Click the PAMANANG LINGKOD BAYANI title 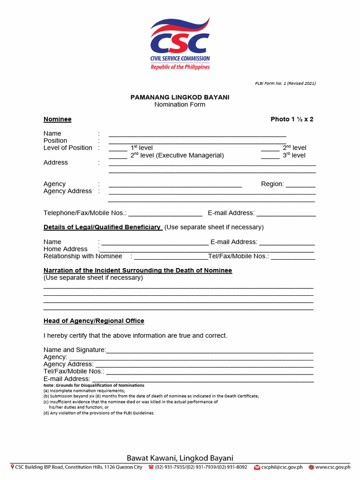[180, 97]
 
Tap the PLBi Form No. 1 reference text [285, 83]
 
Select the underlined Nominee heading [57, 119]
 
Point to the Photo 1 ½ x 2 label [292, 119]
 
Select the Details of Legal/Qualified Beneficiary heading [102, 227]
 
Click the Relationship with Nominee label [82, 256]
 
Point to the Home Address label [65, 249]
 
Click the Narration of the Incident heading [137, 270]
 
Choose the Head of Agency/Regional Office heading [94, 321]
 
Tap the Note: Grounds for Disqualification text [94, 385]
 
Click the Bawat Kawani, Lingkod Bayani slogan [180, 458]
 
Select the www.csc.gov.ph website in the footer [332, 467]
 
